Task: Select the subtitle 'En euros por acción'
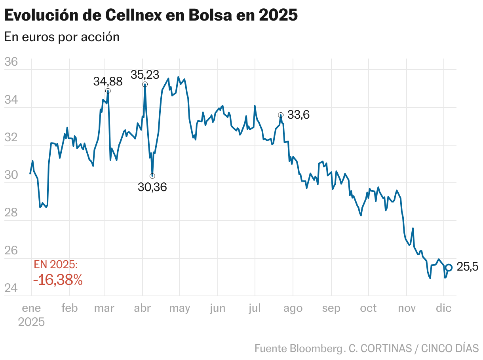point(62,37)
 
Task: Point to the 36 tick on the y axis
point(11,62)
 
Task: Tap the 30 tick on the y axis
point(11,175)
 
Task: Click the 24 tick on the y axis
point(11,288)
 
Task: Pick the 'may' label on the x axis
point(179,309)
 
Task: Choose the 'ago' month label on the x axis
point(293,309)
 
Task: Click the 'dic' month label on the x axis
point(444,309)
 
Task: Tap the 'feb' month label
point(70,309)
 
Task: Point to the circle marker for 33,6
point(281,115)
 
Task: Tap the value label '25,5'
point(468,267)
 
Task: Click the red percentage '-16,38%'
point(58,280)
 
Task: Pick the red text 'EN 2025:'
point(56,265)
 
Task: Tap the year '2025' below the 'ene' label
point(31,322)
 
